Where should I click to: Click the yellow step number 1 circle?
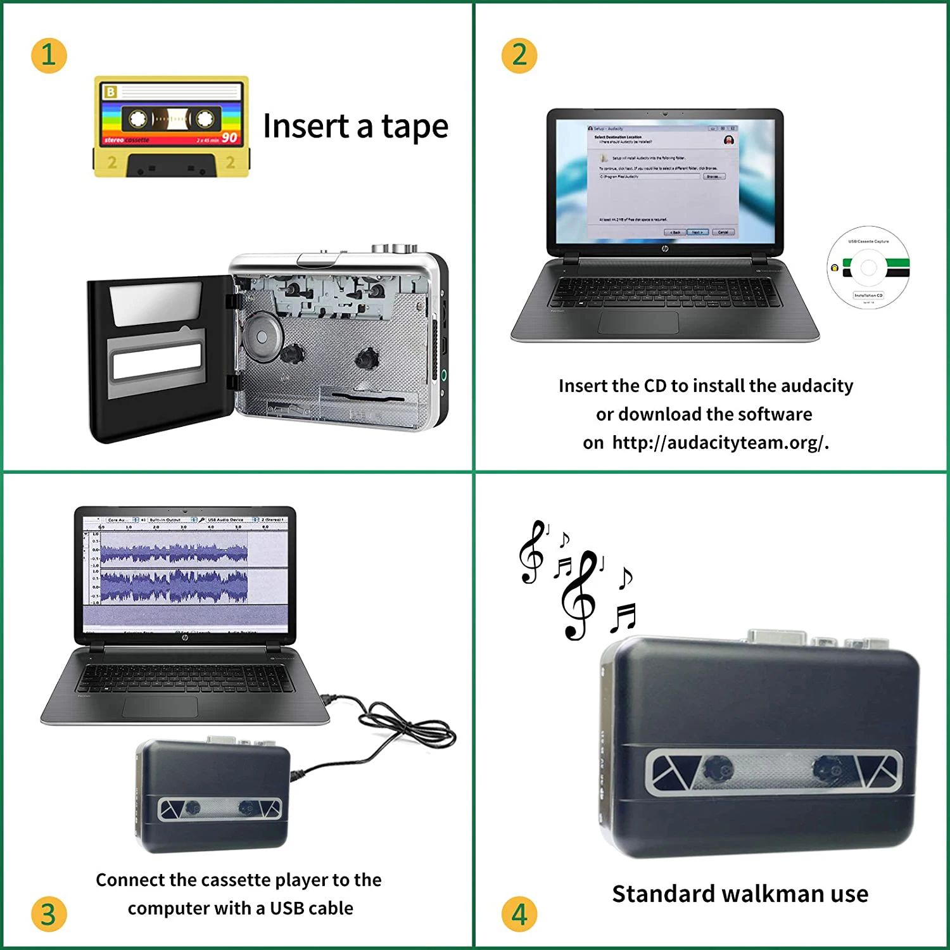(49, 55)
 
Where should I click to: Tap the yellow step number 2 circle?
(519, 55)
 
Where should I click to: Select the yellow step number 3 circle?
(49, 914)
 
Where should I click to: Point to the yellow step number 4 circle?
(519, 914)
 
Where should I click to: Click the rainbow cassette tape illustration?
(171, 127)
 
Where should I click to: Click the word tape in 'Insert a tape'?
(414, 127)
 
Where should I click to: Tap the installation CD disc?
(868, 267)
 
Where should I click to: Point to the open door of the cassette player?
(158, 358)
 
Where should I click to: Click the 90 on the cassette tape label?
(229, 137)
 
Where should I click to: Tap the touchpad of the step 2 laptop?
(638, 322)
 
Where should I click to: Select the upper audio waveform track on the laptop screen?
(174, 553)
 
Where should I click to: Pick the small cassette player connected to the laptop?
(212, 795)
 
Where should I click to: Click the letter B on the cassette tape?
(111, 92)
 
